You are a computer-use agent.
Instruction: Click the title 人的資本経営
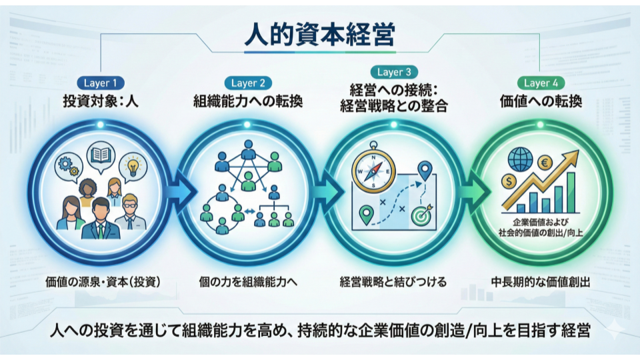[x=319, y=33]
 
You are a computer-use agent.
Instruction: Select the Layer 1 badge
[x=101, y=83]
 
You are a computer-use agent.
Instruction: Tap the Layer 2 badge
[x=248, y=83]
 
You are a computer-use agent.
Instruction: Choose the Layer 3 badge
[x=393, y=72]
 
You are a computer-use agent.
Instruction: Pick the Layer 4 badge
[x=541, y=83]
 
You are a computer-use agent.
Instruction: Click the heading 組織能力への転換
[x=248, y=103]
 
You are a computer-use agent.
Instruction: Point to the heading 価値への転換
[x=541, y=103]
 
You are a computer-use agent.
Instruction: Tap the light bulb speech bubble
[x=131, y=165]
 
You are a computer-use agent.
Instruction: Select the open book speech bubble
[x=99, y=156]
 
